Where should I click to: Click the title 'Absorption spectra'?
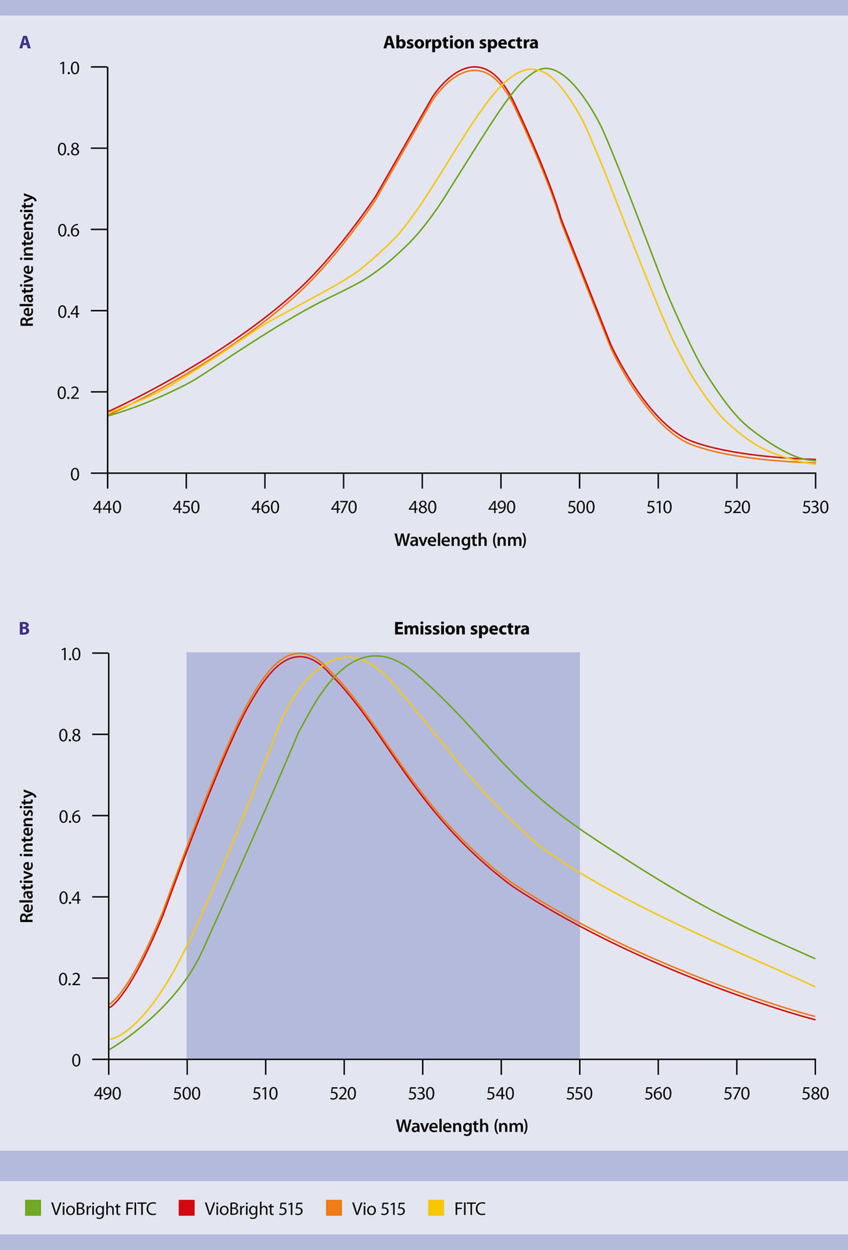pos(460,43)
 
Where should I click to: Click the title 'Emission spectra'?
pos(461,629)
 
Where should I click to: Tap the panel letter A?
pos(25,43)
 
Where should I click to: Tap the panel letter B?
pos(25,629)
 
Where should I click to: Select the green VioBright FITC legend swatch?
pos(33,1209)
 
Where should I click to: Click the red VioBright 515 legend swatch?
pos(186,1209)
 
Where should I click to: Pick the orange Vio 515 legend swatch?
pos(333,1209)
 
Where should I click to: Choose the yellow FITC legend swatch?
pos(436,1209)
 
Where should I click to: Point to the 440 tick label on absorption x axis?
pos(107,507)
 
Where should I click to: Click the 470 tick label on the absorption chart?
pos(344,507)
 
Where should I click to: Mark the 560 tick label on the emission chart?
pos(658,1093)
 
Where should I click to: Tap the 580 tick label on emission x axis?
pos(815,1093)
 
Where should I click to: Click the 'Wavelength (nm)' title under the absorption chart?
pos(460,540)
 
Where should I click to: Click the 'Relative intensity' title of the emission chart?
pos(27,855)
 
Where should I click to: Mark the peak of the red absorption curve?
pos(474,67)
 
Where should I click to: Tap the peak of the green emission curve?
pos(376,656)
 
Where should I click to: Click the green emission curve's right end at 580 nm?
pos(814,958)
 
